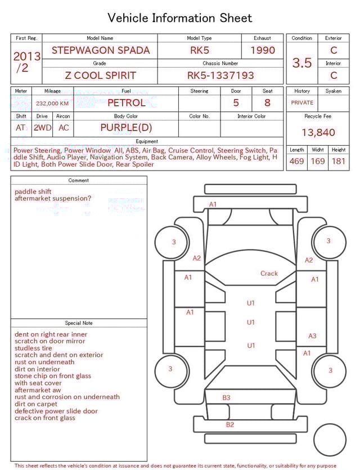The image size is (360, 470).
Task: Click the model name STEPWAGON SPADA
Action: [x=101, y=50]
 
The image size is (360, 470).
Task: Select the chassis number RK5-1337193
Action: [x=220, y=75]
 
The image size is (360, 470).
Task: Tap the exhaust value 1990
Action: [x=263, y=50]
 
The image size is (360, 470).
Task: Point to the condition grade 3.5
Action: [x=302, y=63]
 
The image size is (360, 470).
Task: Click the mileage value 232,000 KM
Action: [x=52, y=104]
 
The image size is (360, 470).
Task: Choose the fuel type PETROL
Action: [x=126, y=102]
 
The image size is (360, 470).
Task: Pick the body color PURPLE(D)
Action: [x=126, y=127]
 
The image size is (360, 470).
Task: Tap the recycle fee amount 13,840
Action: [x=318, y=132]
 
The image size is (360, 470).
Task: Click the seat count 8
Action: [x=267, y=102]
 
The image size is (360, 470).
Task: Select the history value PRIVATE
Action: [x=302, y=102]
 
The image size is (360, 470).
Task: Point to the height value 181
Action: [x=339, y=161]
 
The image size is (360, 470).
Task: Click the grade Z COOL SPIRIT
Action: [x=101, y=75]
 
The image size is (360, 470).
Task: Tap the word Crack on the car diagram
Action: [x=269, y=274]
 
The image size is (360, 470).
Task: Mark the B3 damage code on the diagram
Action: [x=226, y=397]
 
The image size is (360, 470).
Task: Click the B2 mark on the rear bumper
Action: [x=229, y=424]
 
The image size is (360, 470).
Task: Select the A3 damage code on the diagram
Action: [x=313, y=336]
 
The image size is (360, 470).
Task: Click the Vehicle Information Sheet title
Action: [x=180, y=18]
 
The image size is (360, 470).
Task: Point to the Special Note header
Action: [x=79, y=323]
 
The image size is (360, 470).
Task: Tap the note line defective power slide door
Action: [x=56, y=411]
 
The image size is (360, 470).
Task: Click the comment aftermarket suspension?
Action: [x=53, y=198]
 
